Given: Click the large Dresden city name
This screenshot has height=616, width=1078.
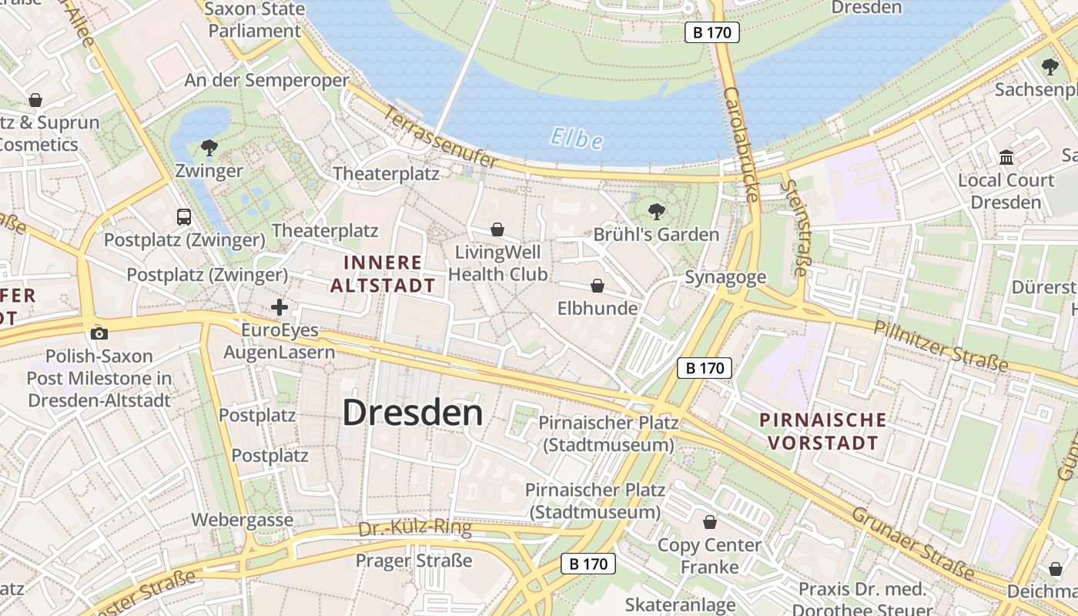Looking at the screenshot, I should [x=413, y=413].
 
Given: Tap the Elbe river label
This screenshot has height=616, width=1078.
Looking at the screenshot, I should [x=577, y=139].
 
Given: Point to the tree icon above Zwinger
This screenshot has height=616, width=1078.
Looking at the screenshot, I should [x=209, y=147].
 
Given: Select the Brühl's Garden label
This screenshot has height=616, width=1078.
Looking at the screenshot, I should [x=656, y=234].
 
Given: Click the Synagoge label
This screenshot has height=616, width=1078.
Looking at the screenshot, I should [x=725, y=277].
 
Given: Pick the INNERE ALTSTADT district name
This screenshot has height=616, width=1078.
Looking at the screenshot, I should [x=383, y=274].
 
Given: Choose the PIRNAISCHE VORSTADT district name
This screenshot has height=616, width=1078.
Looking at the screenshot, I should [x=822, y=431].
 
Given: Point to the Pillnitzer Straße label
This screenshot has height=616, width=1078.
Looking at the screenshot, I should [x=940, y=345].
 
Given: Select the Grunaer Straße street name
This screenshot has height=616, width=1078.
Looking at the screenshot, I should [x=912, y=542].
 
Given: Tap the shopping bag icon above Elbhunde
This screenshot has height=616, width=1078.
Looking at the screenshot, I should [x=598, y=286].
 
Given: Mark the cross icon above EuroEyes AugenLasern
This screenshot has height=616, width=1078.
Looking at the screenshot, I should [x=280, y=308].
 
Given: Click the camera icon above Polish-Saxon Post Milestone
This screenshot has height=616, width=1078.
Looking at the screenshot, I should [x=99, y=333].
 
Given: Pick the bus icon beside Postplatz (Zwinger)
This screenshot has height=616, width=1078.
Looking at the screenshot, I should [x=184, y=217].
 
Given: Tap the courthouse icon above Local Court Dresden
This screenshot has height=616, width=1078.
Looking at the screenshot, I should [x=1006, y=158].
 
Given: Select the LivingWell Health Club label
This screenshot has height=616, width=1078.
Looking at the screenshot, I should [x=498, y=263].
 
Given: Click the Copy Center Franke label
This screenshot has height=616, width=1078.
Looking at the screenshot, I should [x=709, y=556].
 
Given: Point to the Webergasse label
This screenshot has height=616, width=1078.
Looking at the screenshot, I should [x=243, y=520].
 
